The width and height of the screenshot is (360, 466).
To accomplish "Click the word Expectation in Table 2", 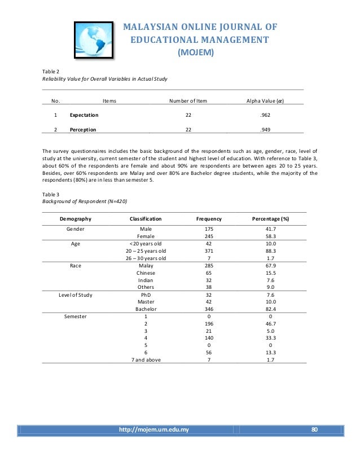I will (x=84, y=115).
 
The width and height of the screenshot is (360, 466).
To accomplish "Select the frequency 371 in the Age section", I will (x=209, y=250).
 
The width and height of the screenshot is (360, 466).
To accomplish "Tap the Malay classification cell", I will (x=146, y=265).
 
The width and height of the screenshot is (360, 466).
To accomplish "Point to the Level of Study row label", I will (x=78, y=294).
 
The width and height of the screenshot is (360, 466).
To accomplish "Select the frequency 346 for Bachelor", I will (x=209, y=309).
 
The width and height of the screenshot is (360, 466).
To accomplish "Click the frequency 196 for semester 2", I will (x=209, y=324).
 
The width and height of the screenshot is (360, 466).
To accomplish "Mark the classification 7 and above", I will (x=146, y=360).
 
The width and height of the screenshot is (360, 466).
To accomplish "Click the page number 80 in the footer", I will (x=315, y=430).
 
